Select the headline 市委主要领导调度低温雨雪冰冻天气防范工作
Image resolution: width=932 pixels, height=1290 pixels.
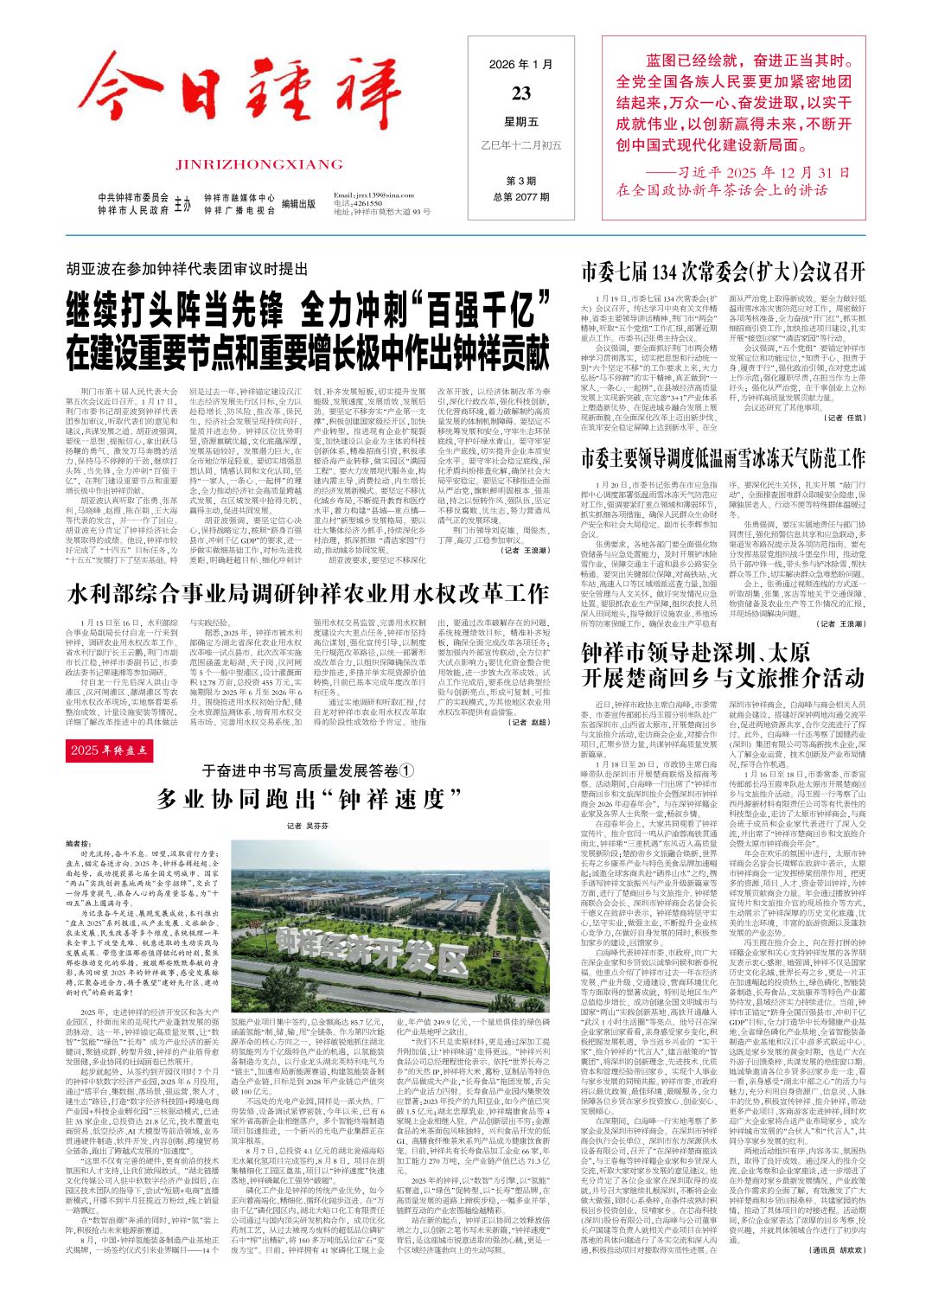(723, 457)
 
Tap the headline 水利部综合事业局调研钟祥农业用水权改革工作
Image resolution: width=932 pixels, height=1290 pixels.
(308, 594)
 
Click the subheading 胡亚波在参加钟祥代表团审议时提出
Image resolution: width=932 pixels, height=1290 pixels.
(185, 268)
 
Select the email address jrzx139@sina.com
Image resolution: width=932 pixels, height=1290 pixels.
(373, 196)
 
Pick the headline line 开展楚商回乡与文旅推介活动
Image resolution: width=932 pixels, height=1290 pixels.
(723, 675)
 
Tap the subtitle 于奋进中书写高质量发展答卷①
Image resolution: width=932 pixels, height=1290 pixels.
(308, 770)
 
